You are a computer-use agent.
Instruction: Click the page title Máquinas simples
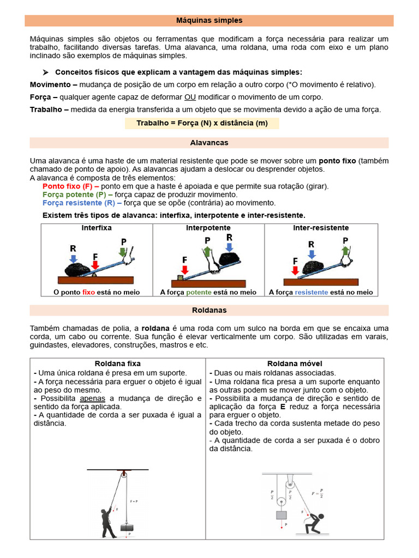[x=209, y=20]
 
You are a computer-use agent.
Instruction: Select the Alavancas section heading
[x=209, y=143]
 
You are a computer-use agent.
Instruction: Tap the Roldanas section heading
[x=209, y=310]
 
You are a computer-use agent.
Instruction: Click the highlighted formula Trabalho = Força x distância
[x=202, y=123]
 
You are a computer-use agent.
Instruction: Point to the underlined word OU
[x=190, y=97]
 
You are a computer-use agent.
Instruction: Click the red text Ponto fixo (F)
[x=70, y=186]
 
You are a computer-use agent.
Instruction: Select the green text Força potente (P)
[x=77, y=195]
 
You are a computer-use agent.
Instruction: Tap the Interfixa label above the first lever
[x=97, y=228]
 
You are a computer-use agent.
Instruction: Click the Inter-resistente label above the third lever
[x=321, y=228]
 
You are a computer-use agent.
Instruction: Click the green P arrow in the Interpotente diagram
[x=207, y=250]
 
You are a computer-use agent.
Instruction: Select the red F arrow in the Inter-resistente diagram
[x=295, y=269]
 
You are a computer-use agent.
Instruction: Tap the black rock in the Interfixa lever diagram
[x=80, y=269]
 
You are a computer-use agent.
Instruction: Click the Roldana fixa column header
[x=117, y=363]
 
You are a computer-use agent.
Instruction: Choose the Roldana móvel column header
[x=295, y=363]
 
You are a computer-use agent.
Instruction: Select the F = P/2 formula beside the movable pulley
[x=317, y=494]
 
